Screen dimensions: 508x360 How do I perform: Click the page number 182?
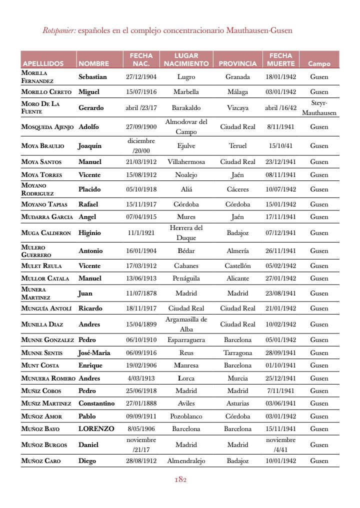tap(180, 480)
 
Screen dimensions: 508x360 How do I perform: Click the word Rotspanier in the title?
tap(59, 30)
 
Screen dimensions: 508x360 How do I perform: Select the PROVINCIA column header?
tap(237, 63)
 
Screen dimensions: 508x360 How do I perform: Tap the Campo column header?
tap(319, 63)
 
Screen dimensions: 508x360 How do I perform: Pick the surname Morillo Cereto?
tap(46, 92)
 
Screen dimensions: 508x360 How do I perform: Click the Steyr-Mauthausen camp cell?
tap(319, 107)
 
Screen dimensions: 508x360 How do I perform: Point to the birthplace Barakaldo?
tap(186, 107)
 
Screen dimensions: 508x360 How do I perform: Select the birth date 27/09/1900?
tap(141, 127)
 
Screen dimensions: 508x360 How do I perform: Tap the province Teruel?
tap(237, 146)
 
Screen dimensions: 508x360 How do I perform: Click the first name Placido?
tap(89, 189)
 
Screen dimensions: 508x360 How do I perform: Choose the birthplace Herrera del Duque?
tap(186, 233)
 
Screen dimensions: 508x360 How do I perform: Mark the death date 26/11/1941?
tap(280, 251)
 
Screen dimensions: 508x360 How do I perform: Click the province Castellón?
tap(237, 266)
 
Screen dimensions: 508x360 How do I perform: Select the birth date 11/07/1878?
tap(141, 293)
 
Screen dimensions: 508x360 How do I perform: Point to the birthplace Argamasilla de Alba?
tap(186, 324)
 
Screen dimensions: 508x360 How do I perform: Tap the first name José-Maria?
tap(94, 353)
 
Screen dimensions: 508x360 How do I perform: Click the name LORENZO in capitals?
tap(96, 429)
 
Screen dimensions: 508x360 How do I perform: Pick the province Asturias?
tap(237, 403)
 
